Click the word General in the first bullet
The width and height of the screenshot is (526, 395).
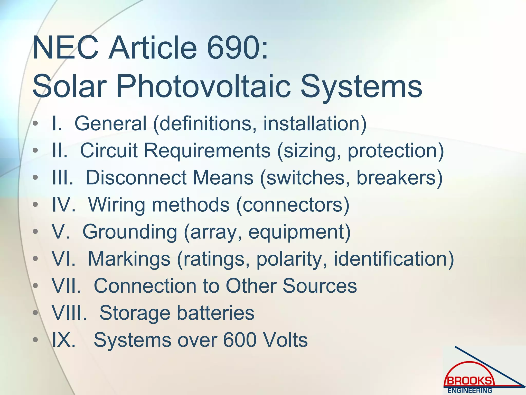110,123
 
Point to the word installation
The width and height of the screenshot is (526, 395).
315,123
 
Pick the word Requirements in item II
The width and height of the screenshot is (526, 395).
207,150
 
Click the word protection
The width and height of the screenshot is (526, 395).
396,150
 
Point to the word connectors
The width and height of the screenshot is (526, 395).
293,205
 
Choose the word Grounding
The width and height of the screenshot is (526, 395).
130,232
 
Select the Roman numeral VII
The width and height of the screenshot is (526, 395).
67,286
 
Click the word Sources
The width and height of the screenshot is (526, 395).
320,286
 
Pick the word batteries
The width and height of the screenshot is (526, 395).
215,313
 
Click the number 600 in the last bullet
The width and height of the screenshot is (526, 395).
240,340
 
